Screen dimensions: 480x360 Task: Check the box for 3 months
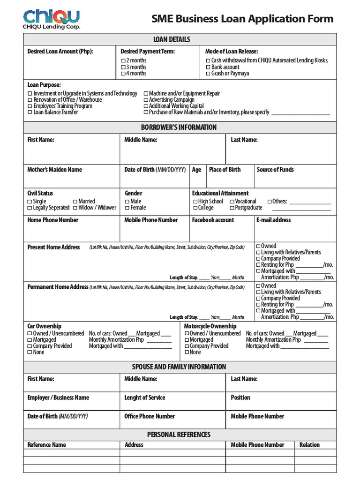(123, 67)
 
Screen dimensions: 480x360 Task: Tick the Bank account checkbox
(208, 67)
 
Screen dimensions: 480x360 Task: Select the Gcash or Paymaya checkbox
(208, 74)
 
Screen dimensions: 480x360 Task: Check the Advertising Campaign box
(146, 100)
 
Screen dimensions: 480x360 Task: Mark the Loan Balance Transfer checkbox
(30, 112)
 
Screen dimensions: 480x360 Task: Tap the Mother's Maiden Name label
(54, 170)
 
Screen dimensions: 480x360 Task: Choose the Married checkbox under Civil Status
(75, 202)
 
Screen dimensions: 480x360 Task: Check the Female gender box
(127, 208)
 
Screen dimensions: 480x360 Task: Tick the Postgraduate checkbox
(232, 208)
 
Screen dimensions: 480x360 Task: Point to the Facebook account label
(213, 220)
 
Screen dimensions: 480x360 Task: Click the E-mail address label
(274, 220)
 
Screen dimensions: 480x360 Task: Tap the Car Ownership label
(45, 326)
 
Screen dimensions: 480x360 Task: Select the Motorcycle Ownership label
(210, 326)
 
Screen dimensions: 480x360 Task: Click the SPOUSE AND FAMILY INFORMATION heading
(180, 367)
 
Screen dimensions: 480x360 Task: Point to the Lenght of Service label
(145, 397)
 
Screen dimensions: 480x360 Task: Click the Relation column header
(309, 445)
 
